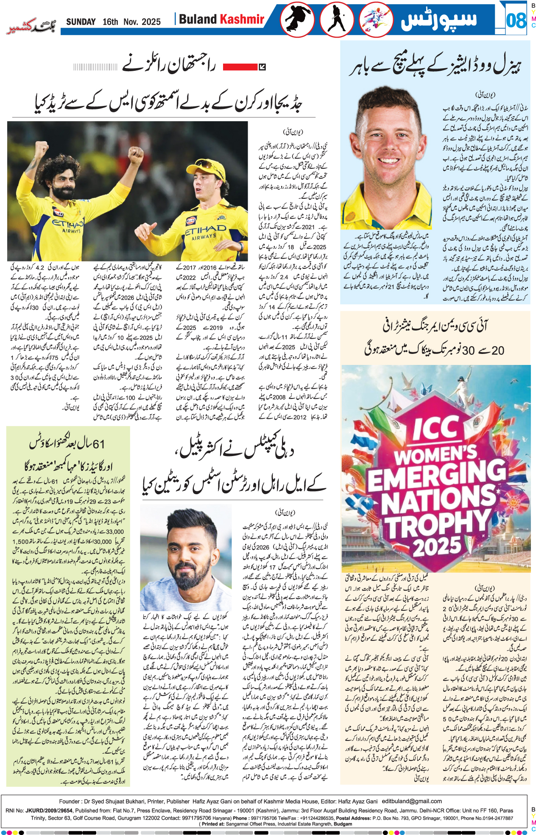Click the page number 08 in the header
pos(516,20)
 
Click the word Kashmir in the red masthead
pos(242,19)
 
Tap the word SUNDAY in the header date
pos(81,22)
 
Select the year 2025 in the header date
pos(151,22)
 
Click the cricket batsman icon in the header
pos(337,20)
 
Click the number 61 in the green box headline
pos(98,444)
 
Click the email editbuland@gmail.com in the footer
pos(411,801)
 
